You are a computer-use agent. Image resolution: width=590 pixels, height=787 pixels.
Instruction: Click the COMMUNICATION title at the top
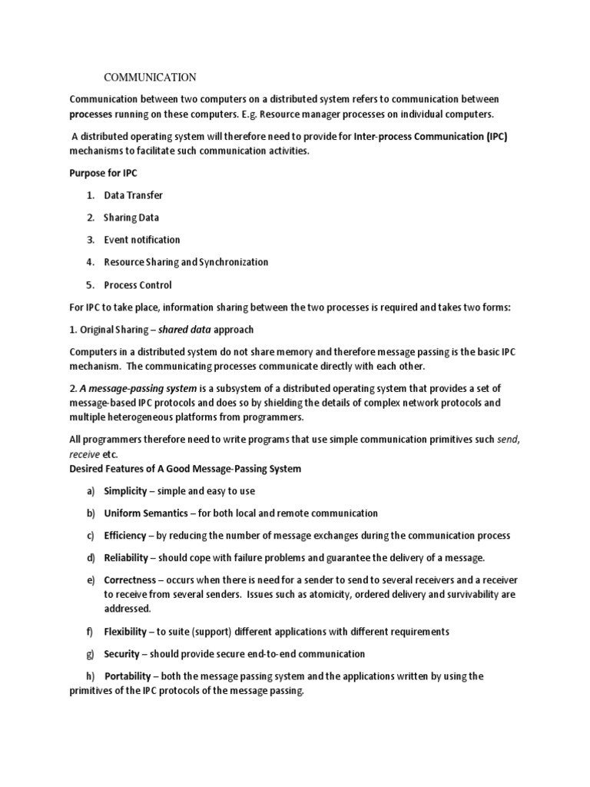[150, 77]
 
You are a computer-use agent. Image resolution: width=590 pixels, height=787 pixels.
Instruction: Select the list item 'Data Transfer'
[134, 195]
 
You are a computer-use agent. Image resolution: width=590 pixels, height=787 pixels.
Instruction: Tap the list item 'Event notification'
[142, 240]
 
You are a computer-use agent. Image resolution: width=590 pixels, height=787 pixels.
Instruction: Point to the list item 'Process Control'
[138, 284]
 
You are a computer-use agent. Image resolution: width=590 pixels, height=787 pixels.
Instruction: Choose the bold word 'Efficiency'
[124, 535]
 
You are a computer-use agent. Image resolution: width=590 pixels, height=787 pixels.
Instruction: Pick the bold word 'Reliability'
[125, 557]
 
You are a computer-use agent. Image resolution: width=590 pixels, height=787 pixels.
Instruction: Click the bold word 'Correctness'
[128, 579]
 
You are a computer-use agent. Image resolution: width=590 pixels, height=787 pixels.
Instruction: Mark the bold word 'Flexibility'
[125, 632]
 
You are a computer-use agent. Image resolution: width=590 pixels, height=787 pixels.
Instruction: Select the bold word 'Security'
[122, 654]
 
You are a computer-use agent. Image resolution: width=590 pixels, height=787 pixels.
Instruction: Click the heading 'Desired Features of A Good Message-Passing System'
[185, 468]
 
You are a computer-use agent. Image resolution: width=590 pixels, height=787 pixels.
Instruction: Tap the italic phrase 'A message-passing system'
[138, 388]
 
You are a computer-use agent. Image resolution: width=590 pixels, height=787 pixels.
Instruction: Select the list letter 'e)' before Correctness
[90, 579]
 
